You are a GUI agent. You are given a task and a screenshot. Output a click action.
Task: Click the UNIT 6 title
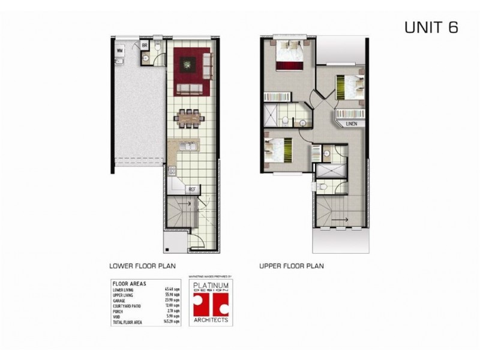click(431, 28)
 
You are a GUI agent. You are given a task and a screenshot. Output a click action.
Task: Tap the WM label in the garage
click(120, 50)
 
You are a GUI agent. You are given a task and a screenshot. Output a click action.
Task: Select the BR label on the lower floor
click(145, 46)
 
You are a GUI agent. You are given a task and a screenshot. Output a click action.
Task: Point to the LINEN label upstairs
click(352, 124)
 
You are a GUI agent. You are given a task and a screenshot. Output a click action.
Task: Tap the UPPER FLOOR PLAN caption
click(291, 265)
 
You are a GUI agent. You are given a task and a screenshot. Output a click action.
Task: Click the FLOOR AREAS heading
click(130, 284)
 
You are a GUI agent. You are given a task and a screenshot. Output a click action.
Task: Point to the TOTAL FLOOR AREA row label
click(128, 323)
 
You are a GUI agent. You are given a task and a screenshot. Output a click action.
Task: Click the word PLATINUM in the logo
click(209, 286)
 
